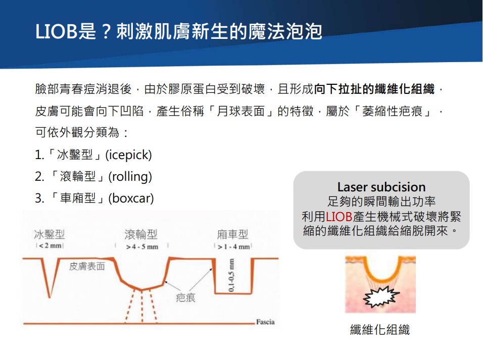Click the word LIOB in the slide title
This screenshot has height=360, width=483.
click(x=57, y=31)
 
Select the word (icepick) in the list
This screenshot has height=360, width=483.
click(x=128, y=155)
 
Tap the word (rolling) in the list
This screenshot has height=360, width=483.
click(x=130, y=177)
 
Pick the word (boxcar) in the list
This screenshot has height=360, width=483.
click(x=131, y=198)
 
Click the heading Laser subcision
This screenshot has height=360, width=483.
click(x=381, y=187)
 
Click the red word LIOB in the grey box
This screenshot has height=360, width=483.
click(x=339, y=217)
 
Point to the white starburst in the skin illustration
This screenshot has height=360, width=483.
click(x=381, y=297)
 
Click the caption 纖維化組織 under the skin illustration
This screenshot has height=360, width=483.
click(x=380, y=330)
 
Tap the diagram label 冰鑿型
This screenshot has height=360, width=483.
click(x=50, y=235)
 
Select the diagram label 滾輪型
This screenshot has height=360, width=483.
click(x=141, y=235)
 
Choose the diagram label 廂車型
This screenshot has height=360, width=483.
click(x=232, y=235)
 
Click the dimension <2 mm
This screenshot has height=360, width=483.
click(x=50, y=246)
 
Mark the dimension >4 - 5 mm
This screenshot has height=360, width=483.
click(x=142, y=247)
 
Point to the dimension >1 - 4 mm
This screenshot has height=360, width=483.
click(x=234, y=247)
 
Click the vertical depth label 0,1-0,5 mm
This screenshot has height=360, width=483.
click(x=231, y=275)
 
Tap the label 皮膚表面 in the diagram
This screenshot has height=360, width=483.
click(x=87, y=267)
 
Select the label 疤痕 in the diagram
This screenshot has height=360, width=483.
click(x=185, y=298)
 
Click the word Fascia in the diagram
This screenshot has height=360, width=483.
click(x=265, y=322)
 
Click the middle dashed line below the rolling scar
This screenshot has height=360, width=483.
click(x=142, y=307)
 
